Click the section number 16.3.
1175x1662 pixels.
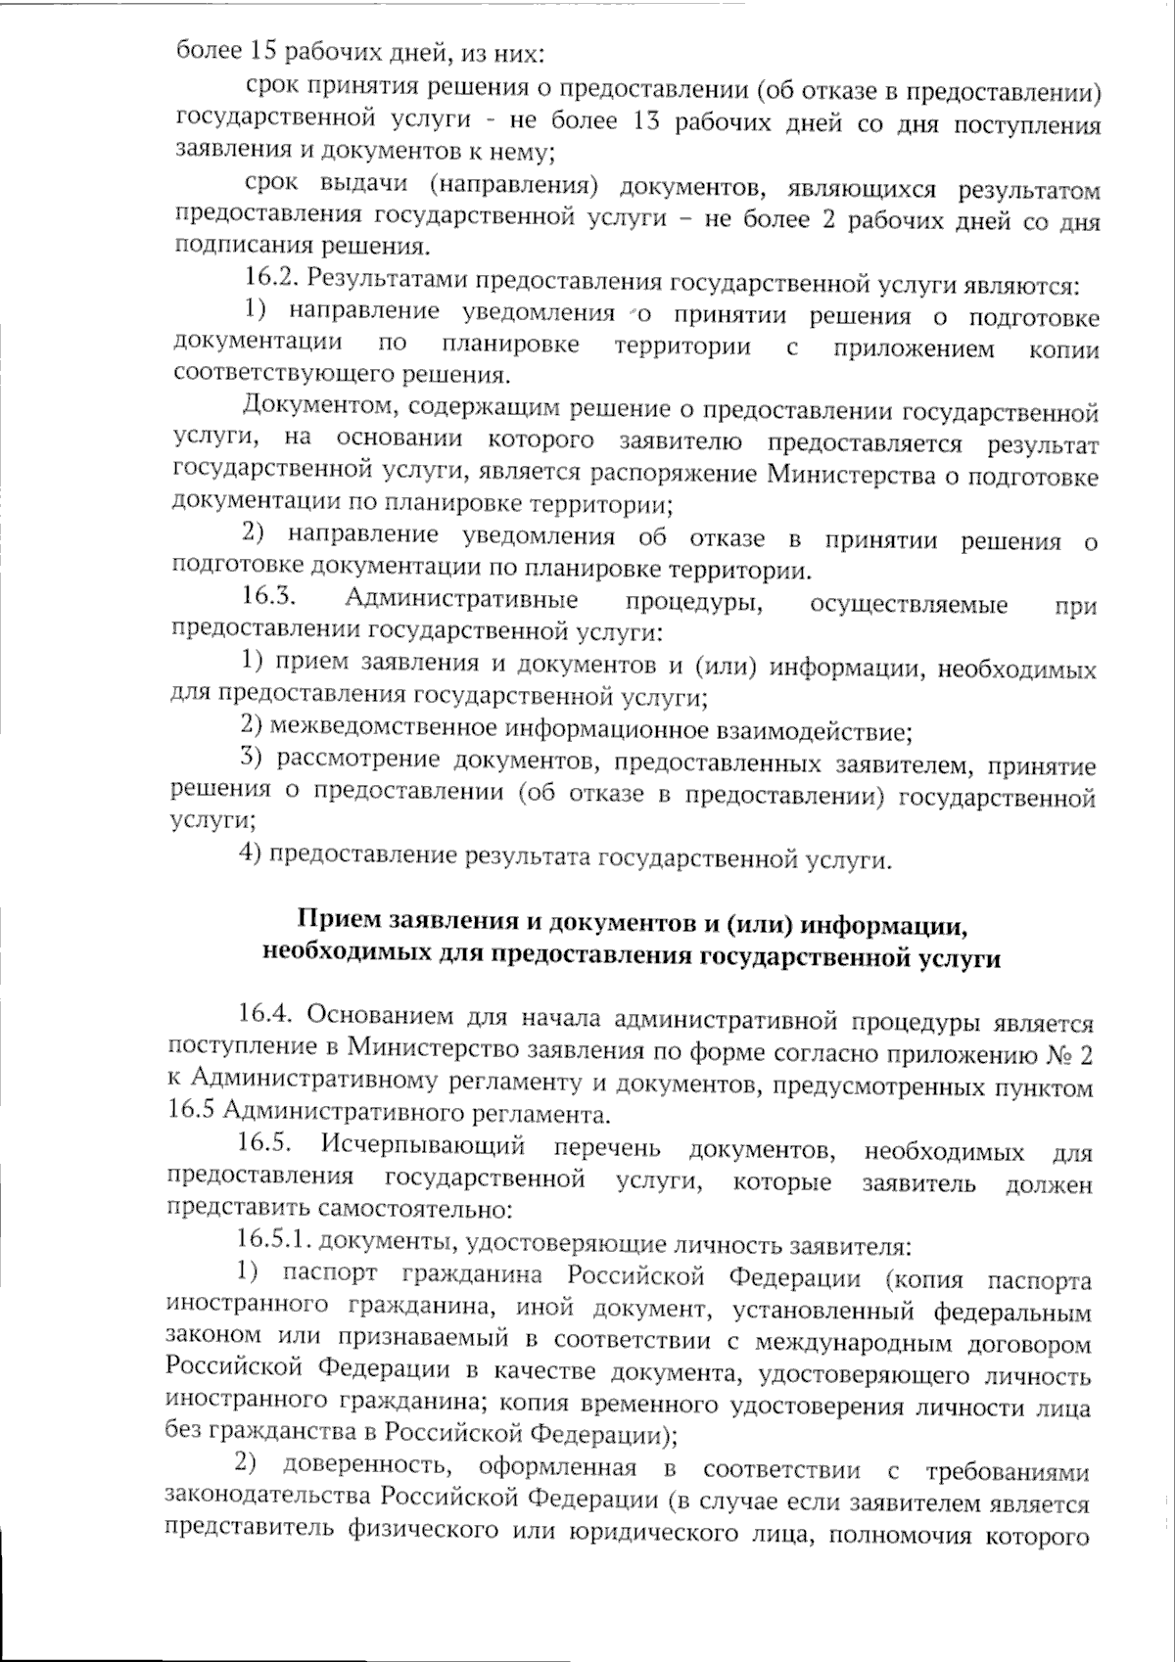click(269, 598)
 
